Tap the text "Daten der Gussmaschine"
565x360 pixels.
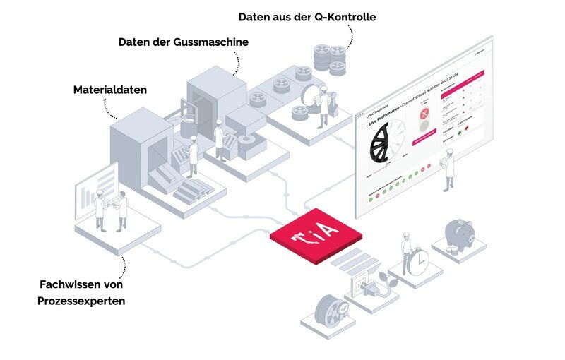(x=183, y=42)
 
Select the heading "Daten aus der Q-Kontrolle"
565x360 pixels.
(x=307, y=16)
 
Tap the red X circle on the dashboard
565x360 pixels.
(x=424, y=115)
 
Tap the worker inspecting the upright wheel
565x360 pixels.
(x=321, y=107)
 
